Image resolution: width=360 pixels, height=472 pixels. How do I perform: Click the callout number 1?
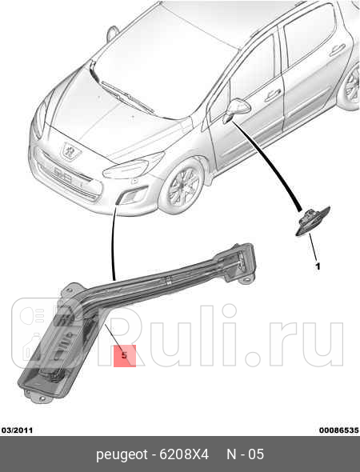click(317, 266)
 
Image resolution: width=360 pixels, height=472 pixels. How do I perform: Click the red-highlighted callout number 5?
click(125, 355)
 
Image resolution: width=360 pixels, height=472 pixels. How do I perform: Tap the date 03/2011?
click(17, 430)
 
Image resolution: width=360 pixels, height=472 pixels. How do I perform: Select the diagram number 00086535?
click(338, 430)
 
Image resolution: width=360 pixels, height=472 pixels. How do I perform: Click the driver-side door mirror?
click(238, 108)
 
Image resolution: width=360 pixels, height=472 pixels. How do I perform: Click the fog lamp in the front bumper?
click(127, 197)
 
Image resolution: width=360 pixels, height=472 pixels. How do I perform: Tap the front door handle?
click(271, 94)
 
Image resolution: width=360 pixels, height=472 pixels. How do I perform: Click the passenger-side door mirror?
click(112, 34)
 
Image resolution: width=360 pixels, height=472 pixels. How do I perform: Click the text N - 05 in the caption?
click(245, 455)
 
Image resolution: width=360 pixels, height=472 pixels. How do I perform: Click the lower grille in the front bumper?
click(76, 189)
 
